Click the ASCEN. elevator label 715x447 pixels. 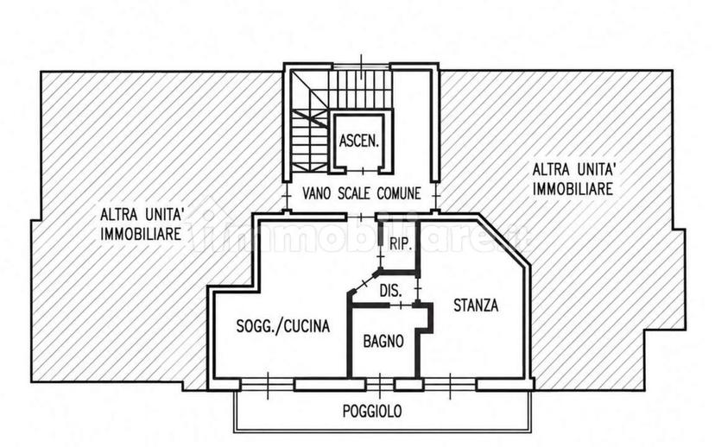pos(359,141)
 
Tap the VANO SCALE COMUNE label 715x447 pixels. pos(362,193)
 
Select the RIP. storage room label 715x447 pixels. pos(401,244)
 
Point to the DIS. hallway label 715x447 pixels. pos(391,290)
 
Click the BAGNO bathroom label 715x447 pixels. pos(383,341)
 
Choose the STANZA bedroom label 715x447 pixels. pos(476,305)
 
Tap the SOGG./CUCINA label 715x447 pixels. pos(282,326)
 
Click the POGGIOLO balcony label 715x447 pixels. pos(372,411)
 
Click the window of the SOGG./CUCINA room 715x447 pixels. pos(267,385)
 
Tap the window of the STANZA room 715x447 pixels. pos(450,385)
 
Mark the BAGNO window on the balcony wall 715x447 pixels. pos(380,385)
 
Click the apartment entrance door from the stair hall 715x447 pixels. pos(361,217)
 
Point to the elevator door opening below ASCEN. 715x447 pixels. pos(363,171)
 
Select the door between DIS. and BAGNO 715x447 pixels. pos(401,305)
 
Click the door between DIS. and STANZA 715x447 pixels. pos(418,288)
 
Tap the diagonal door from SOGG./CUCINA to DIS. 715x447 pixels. pos(364,283)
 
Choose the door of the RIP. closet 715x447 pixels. pos(381,256)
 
